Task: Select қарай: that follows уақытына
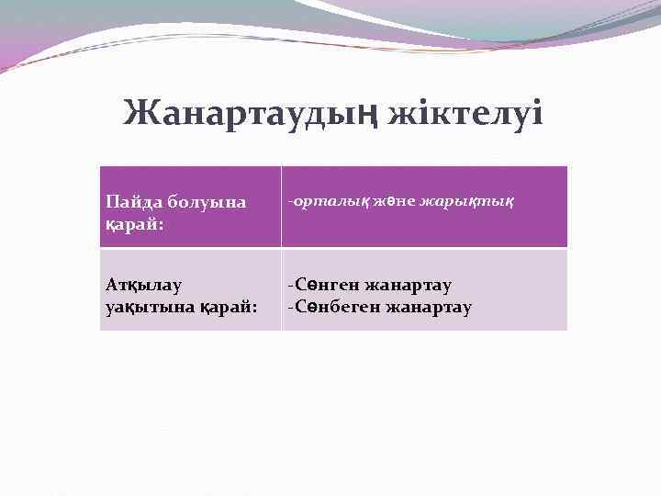click(226, 307)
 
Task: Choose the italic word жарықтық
click(466, 200)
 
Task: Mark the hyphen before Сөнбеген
click(290, 307)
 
